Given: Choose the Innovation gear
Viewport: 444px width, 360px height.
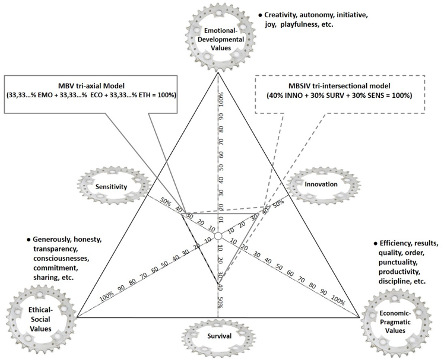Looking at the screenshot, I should click(322, 184).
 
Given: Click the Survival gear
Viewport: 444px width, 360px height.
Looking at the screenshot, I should click(218, 336).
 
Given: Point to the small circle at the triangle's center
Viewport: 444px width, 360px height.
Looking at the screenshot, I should click(218, 236).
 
